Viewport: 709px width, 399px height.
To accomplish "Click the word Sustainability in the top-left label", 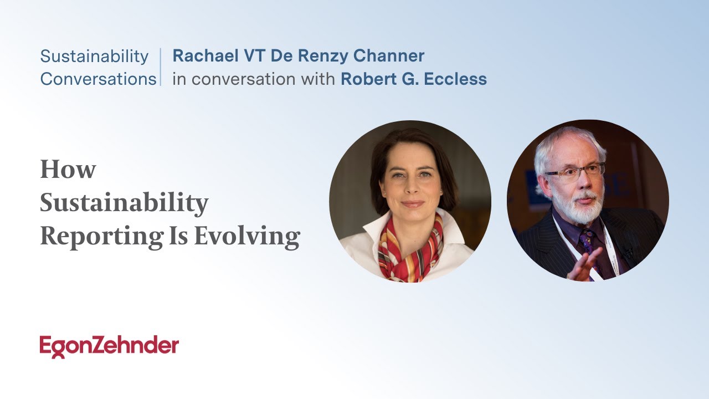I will (94, 57).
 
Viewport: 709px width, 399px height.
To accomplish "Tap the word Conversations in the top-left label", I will (98, 79).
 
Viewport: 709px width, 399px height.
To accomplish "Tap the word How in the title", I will (68, 169).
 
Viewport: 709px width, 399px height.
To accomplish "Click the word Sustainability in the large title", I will (124, 203).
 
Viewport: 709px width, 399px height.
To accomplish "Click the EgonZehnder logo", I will (109, 346).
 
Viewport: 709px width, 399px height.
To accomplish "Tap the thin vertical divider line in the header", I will (161, 67).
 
